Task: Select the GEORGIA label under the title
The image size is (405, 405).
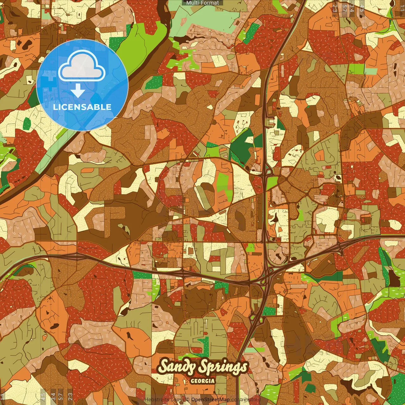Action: click(202, 381)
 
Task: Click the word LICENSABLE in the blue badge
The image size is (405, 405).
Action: click(82, 107)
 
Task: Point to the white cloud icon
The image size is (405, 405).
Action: click(82, 65)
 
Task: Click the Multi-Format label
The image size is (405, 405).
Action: click(202, 3)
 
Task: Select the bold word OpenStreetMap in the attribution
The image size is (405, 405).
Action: click(210, 400)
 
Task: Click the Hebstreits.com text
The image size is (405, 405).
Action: click(163, 400)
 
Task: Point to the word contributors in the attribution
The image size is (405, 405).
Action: click(246, 400)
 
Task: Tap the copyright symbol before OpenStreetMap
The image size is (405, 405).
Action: click(187, 400)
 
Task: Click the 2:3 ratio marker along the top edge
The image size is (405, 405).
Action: click(335, 8)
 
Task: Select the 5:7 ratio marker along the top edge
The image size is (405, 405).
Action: click(344, 8)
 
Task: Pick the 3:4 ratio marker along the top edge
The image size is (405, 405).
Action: click(352, 8)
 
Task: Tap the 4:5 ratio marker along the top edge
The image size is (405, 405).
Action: click(362, 8)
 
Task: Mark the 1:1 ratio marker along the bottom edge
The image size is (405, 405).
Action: click(3, 397)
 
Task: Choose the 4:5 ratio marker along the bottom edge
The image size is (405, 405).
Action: click(43, 397)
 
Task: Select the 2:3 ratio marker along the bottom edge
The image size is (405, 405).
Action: click(70, 397)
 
